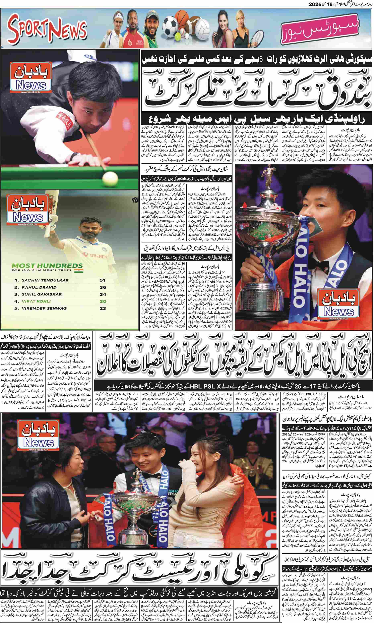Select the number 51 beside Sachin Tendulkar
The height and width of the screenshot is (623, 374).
pos(102,280)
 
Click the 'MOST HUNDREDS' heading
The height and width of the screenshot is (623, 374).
pos(47,266)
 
